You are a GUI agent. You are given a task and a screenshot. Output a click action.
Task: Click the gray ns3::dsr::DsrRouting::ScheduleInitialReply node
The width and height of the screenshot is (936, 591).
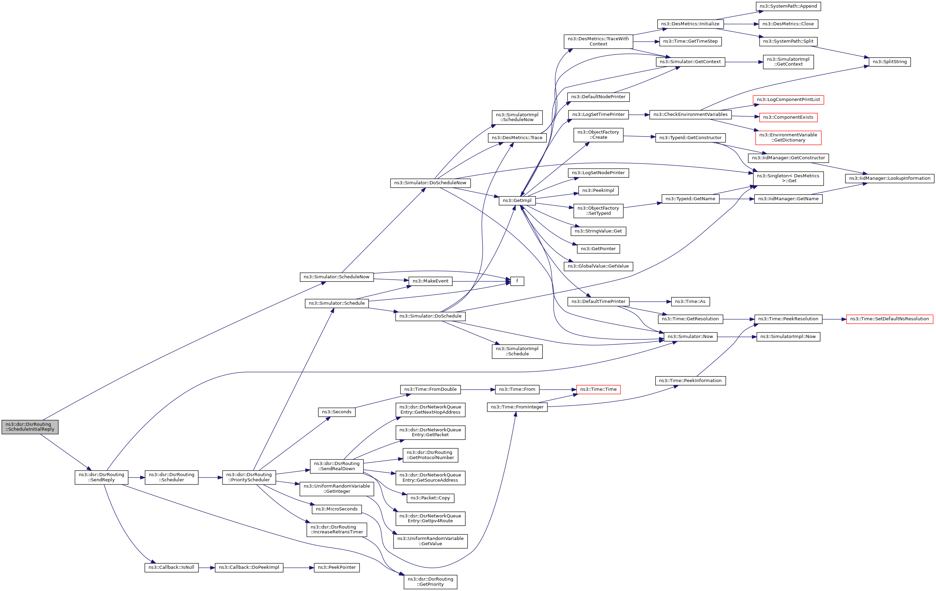[x=30, y=427]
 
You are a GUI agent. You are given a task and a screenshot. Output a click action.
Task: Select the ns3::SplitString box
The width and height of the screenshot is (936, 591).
[x=889, y=62]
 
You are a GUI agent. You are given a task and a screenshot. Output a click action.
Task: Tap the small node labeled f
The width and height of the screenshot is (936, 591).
[x=517, y=281]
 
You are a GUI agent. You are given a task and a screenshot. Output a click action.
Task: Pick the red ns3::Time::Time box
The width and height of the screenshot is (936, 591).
[x=598, y=389]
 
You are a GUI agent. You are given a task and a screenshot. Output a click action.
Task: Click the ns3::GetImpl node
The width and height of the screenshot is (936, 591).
[x=517, y=201]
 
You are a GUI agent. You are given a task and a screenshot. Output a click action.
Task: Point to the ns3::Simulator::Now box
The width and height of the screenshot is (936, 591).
[x=690, y=337]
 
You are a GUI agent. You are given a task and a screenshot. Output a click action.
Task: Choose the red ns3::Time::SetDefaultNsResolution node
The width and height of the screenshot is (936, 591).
[x=889, y=319]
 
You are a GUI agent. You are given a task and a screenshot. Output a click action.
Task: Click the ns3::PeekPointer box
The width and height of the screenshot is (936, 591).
[x=336, y=567]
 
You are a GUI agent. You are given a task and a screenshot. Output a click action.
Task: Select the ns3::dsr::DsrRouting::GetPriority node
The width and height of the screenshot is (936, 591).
[x=430, y=582]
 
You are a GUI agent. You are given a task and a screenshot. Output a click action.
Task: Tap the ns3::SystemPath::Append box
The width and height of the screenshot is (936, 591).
[x=788, y=6]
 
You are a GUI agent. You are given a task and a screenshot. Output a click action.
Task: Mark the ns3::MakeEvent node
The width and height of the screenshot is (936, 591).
[x=430, y=281]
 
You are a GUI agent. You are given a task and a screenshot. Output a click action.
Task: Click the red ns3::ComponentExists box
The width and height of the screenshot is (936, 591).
[x=788, y=117]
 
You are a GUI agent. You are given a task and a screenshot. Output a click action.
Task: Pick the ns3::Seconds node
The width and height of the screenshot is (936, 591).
[x=336, y=412]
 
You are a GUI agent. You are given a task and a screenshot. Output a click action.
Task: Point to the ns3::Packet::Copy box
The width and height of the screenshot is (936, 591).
[x=430, y=498]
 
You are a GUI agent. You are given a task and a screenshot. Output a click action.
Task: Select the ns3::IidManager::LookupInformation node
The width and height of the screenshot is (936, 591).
[x=889, y=178]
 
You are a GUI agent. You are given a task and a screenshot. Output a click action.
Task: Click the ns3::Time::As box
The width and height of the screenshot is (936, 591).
[x=690, y=302]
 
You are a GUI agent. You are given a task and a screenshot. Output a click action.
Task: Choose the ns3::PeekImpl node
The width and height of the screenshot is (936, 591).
[x=598, y=191]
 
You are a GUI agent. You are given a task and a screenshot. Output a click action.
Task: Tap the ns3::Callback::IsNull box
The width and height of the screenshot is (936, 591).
[x=171, y=567]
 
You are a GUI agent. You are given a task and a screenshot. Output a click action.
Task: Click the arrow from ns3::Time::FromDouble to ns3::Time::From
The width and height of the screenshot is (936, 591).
[x=478, y=389]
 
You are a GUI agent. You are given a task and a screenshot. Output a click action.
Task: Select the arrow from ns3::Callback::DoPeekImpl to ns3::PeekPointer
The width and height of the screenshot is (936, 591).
[x=298, y=568]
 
